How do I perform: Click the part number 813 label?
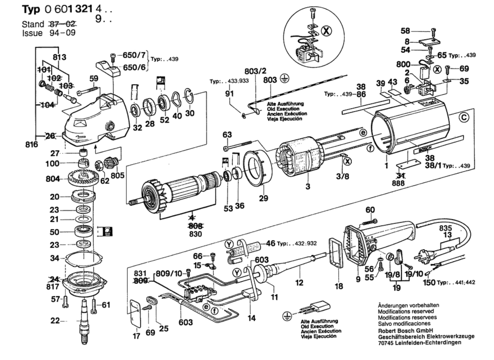(59, 57)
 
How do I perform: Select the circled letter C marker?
(464, 117)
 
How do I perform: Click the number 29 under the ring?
(263, 198)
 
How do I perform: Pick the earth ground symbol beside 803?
(285, 79)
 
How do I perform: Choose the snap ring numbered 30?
(189, 96)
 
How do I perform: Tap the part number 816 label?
(32, 145)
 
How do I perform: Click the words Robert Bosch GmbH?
(405, 330)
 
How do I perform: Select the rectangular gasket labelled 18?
(336, 252)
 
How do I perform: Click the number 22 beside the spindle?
(55, 321)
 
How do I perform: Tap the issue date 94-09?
(62, 33)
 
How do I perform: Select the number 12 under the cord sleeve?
(299, 282)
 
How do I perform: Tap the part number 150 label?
(429, 282)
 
